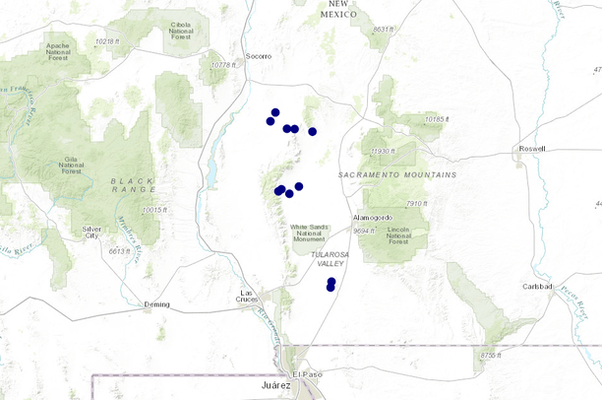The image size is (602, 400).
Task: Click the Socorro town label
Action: (258, 56)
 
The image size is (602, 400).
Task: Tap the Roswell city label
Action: (531, 149)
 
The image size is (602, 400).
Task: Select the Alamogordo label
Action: (373, 217)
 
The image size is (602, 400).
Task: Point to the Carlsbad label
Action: (538, 273)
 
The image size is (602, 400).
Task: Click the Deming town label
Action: (155, 304)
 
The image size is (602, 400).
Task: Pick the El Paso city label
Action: (307, 375)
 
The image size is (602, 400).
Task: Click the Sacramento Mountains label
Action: (397, 174)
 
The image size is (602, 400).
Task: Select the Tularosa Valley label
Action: (330, 258)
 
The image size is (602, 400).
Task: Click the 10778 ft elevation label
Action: (226, 65)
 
